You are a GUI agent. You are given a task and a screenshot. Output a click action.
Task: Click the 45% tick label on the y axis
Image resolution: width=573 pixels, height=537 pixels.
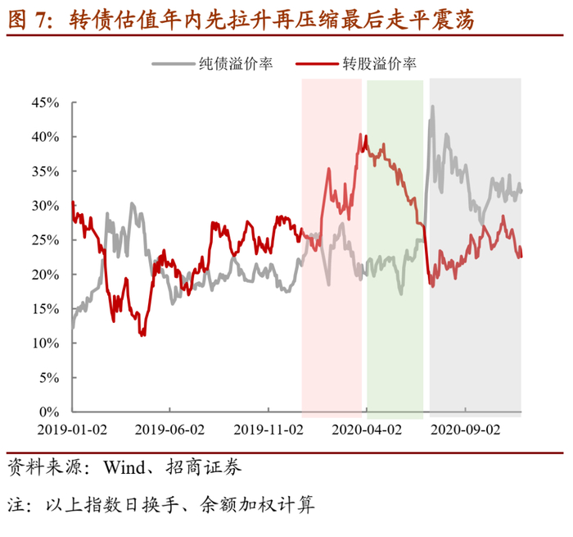45,102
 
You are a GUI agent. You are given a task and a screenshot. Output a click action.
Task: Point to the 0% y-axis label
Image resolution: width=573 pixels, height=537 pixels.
49,412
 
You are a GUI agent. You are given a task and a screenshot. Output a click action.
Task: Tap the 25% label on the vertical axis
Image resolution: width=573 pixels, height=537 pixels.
45,240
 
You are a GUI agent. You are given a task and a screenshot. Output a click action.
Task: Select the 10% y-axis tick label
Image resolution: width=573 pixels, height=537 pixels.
45,344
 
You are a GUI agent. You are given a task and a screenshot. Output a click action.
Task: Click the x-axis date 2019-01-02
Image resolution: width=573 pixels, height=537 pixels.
72,430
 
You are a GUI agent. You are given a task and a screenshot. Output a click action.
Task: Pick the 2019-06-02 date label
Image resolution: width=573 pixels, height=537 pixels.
170,430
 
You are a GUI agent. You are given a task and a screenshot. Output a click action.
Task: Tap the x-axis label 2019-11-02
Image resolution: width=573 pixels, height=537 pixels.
268,430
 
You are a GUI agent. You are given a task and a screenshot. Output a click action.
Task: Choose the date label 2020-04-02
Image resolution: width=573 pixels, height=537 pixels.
367,430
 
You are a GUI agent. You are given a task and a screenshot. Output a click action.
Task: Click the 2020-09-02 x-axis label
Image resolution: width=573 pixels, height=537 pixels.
466,430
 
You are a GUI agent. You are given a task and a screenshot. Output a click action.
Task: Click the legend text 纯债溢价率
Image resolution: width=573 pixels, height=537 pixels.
236,64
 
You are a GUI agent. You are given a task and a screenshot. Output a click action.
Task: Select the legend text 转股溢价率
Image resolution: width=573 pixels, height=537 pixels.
380,64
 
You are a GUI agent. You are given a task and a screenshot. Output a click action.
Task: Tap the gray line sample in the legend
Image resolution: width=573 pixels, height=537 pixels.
174,64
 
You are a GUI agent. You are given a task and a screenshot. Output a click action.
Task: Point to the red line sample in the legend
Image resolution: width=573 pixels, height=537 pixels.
318,64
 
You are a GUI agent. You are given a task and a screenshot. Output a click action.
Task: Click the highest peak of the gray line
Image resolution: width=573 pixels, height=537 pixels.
433,107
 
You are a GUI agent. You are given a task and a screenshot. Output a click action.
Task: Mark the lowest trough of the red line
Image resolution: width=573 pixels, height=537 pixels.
142,335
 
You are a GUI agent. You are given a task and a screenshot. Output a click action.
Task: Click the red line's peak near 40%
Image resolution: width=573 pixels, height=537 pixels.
360,134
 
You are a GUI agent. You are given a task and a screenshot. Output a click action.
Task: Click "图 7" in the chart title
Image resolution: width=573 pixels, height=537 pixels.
29,20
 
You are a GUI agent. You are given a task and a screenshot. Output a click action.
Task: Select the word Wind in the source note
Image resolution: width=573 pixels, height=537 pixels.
124,467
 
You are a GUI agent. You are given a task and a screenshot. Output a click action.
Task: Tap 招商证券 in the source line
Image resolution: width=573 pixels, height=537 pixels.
204,467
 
